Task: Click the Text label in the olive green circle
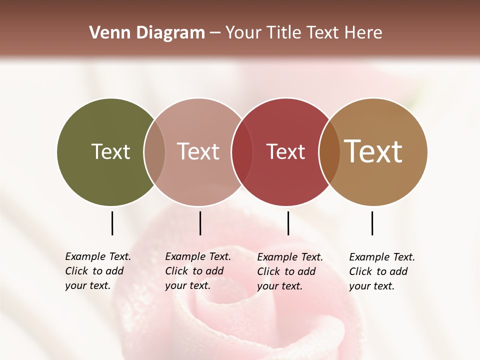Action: tap(110, 151)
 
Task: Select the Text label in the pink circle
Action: tap(198, 151)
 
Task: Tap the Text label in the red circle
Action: tap(285, 151)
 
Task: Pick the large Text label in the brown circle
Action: tap(373, 151)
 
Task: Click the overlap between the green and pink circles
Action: tap(154, 151)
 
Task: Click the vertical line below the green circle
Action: tap(112, 223)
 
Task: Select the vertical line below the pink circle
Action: tap(200, 223)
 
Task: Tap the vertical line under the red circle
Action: tap(288, 223)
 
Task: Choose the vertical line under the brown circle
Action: tap(372, 223)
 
